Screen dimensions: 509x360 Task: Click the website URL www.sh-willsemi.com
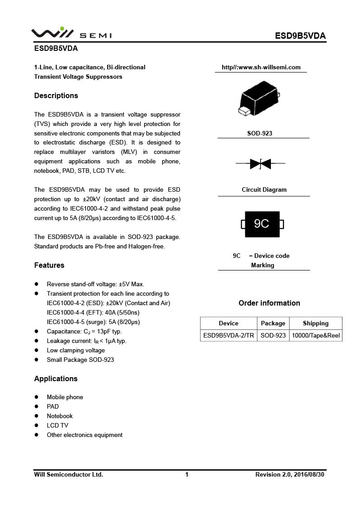tap(261, 68)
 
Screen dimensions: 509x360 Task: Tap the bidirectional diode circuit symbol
tap(260, 164)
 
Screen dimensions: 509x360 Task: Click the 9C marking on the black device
tap(262, 224)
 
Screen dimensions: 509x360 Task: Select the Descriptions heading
tap(56, 95)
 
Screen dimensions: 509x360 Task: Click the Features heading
tap(49, 265)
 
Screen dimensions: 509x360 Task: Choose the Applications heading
tap(56, 378)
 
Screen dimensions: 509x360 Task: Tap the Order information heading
tap(269, 303)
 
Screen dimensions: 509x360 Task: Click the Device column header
tap(229, 323)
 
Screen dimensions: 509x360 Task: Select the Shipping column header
tap(315, 323)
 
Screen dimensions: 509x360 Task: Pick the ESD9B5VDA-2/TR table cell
tap(229, 335)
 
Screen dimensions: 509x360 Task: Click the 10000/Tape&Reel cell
tap(315, 335)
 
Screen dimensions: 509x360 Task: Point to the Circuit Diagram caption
tap(264, 189)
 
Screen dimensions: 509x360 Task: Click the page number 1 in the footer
tap(187, 474)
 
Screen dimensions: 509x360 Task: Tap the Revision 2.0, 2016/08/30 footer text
tap(289, 474)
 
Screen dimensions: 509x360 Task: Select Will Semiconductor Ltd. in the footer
tap(68, 474)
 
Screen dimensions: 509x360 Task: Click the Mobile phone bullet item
tap(65, 397)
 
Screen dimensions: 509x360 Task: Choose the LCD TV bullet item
tap(58, 425)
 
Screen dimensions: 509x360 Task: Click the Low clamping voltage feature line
tap(76, 350)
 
